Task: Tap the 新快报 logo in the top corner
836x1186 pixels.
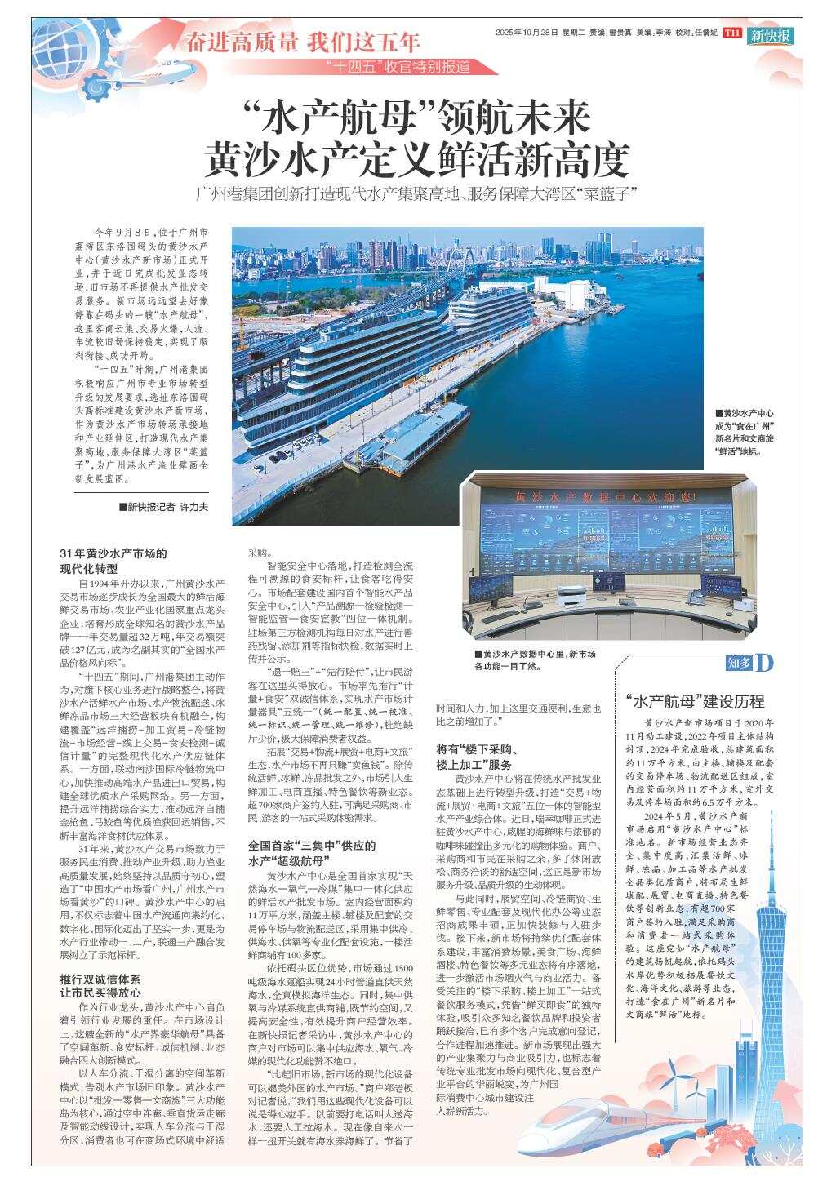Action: pyautogui.click(x=771, y=35)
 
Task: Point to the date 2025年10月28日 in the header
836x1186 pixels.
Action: pyautogui.click(x=527, y=33)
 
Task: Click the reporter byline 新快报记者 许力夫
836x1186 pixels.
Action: pyautogui.click(x=163, y=507)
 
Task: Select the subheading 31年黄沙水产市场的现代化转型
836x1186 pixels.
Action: pyautogui.click(x=113, y=561)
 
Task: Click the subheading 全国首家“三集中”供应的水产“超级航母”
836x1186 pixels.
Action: pyautogui.click(x=311, y=853)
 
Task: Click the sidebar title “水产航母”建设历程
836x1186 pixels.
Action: pyautogui.click(x=695, y=701)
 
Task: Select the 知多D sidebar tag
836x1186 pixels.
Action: pyautogui.click(x=749, y=664)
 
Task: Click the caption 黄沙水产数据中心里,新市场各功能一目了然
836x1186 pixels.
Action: pyautogui.click(x=535, y=660)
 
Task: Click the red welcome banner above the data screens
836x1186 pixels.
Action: pyautogui.click(x=604, y=496)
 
